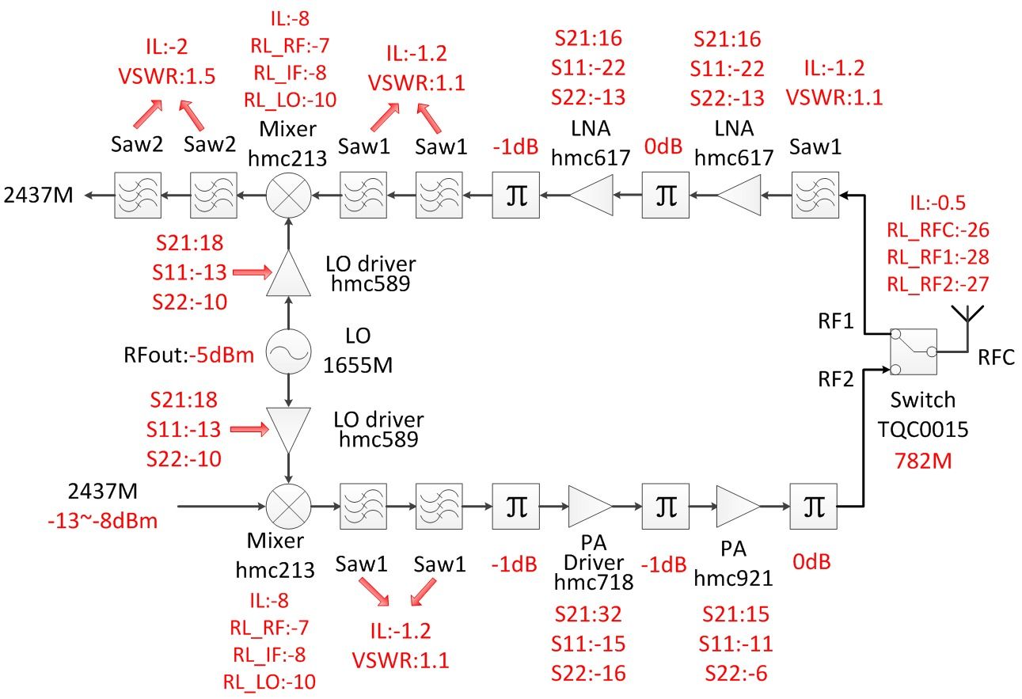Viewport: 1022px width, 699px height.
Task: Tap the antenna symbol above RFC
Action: point(967,314)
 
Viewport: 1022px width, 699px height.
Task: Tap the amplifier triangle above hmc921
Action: point(737,505)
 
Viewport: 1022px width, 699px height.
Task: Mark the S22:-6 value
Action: point(735,673)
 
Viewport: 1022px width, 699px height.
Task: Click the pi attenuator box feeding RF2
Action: point(813,505)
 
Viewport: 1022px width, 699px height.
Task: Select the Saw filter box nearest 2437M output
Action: point(138,195)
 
